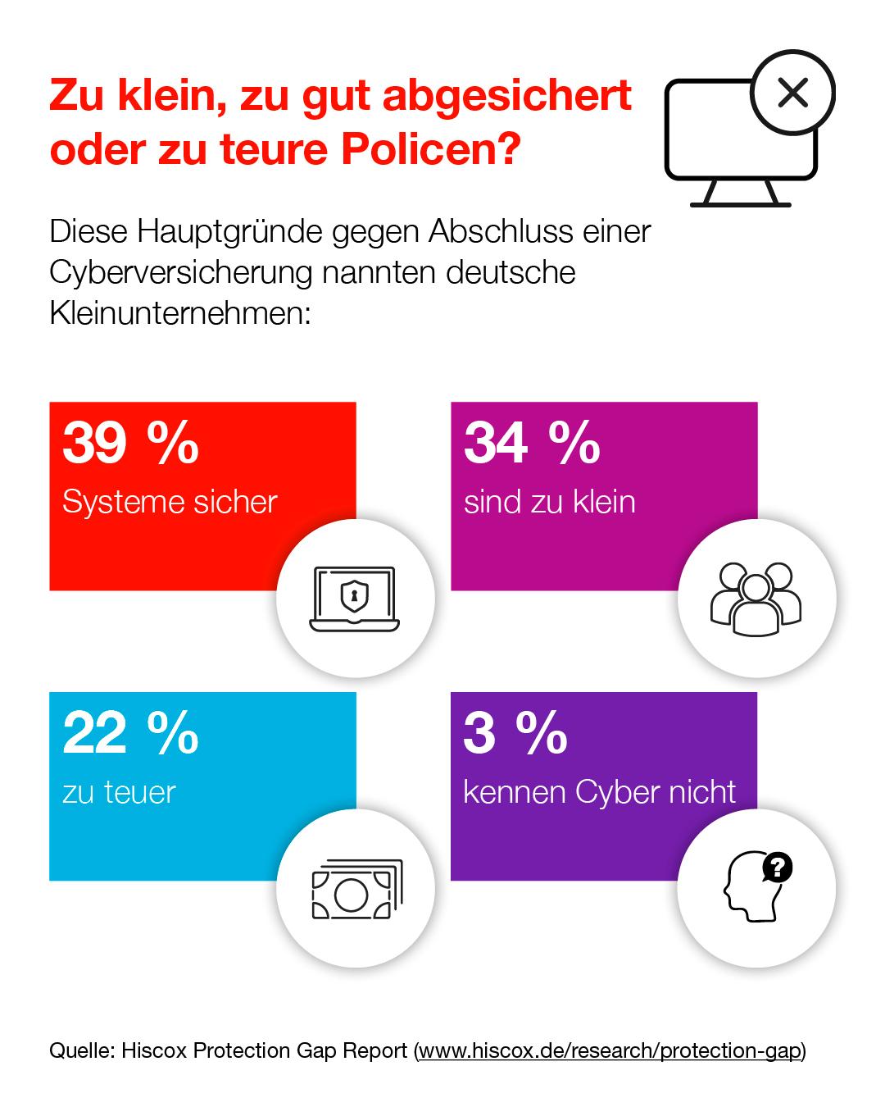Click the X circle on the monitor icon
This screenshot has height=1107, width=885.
tap(792, 93)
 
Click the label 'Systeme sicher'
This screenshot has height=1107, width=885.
tap(170, 502)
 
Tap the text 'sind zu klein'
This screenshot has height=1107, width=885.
tap(549, 502)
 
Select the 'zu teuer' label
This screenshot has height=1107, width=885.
tap(119, 792)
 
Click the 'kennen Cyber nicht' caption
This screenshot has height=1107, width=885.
tap(599, 792)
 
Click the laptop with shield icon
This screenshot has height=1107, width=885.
tap(355, 599)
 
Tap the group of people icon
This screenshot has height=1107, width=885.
tap(756, 599)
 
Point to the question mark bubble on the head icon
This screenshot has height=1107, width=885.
tap(777, 868)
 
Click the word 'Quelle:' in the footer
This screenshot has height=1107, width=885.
tap(82, 1050)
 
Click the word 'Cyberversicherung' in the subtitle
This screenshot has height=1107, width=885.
tap(180, 272)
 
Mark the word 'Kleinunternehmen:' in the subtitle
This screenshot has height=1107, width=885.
tap(180, 313)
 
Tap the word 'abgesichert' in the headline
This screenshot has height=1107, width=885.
tap(507, 95)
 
